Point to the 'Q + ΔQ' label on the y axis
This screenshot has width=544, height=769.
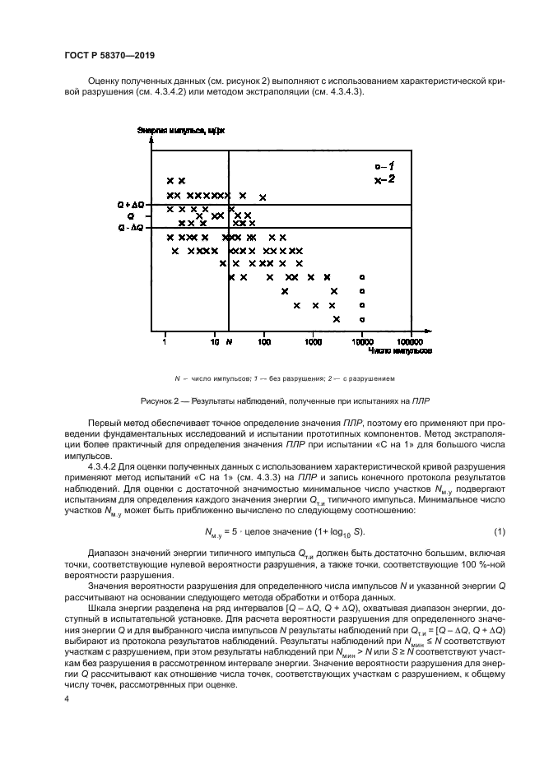[131, 203]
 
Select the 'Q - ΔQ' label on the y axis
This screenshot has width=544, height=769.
[131, 227]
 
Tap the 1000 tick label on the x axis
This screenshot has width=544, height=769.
[313, 339]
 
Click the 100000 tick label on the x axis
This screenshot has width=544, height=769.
[410, 339]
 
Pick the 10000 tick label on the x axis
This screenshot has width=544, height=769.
[362, 339]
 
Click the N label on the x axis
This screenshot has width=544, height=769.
[230, 339]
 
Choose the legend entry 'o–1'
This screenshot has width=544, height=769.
[384, 167]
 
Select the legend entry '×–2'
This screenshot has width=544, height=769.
[384, 179]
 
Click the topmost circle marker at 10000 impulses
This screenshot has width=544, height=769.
[362, 277]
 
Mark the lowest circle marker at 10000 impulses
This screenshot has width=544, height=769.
[362, 319]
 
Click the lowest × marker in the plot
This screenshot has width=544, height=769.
[337, 319]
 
